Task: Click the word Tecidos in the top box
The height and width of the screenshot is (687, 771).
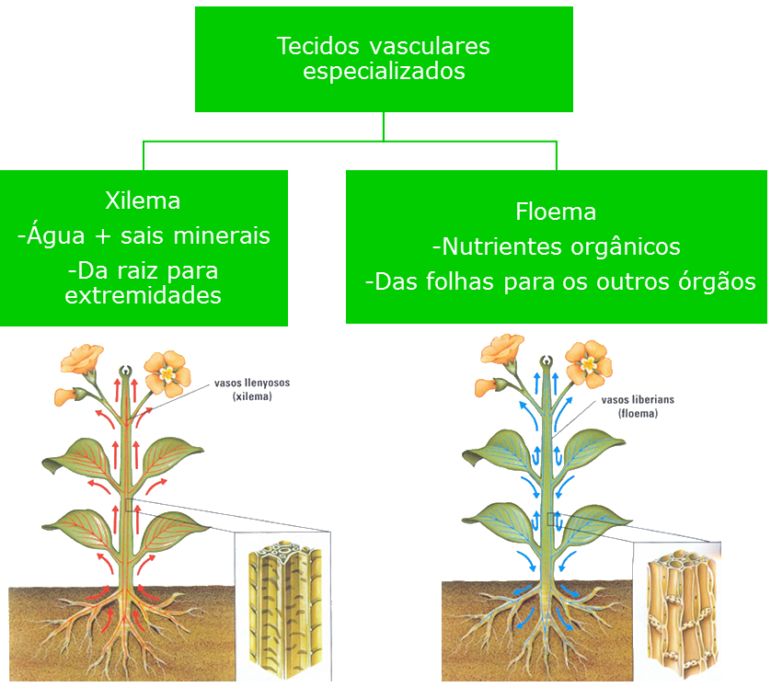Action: click(x=318, y=46)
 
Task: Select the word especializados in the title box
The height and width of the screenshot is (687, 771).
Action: click(x=384, y=71)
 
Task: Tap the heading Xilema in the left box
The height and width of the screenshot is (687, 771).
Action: click(x=144, y=200)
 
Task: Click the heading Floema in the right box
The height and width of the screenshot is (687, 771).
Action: click(x=556, y=212)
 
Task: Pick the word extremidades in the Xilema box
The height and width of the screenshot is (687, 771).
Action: click(x=144, y=295)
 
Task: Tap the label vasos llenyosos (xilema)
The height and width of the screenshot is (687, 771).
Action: click(x=252, y=390)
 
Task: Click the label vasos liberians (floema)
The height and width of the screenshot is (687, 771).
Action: click(x=638, y=406)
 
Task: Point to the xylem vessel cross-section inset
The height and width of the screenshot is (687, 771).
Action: click(x=283, y=605)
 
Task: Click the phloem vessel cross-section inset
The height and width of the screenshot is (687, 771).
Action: click(x=677, y=612)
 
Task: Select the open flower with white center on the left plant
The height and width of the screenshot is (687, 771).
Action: click(x=167, y=374)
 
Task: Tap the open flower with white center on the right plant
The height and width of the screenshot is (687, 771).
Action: click(x=589, y=364)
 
